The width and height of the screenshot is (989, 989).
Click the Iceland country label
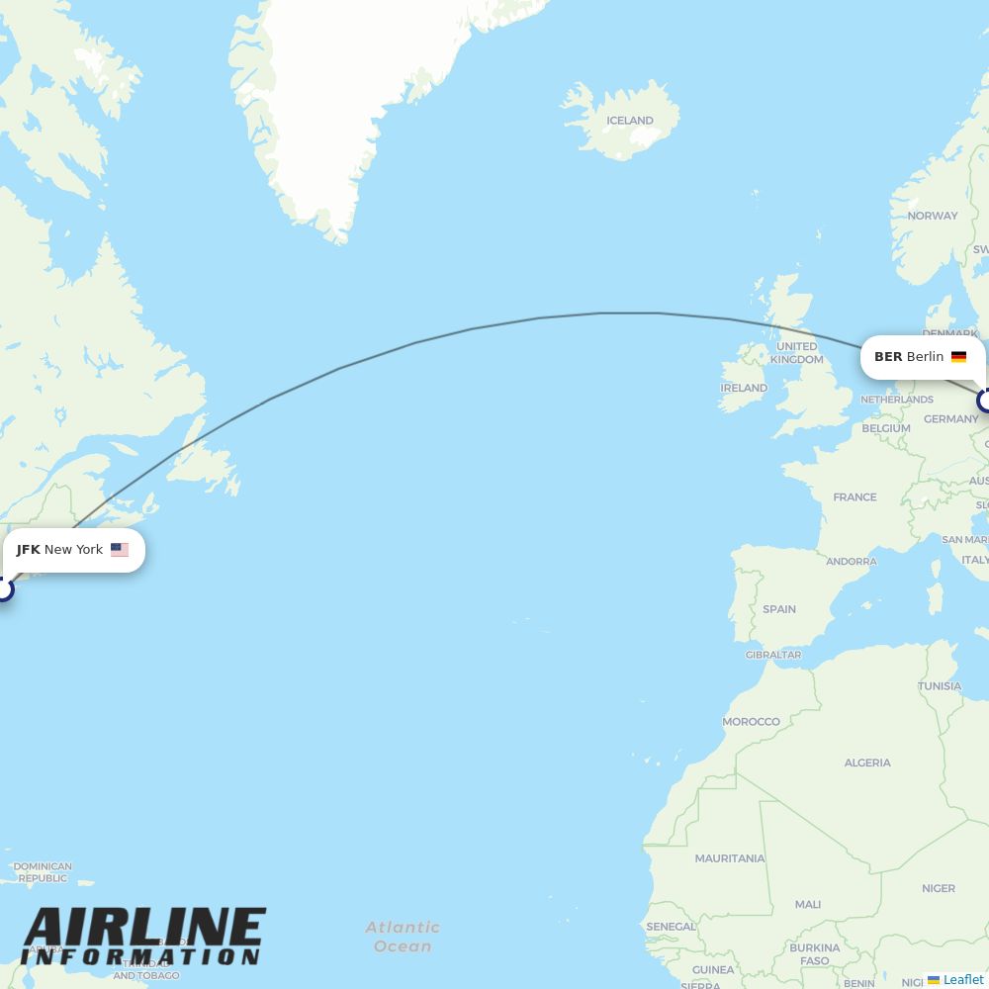pos(630,121)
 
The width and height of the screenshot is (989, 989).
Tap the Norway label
pos(933,216)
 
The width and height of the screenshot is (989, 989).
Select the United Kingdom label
pos(796,353)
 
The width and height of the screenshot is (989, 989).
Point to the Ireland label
pos(744,388)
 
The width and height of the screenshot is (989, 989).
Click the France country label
pos(854,497)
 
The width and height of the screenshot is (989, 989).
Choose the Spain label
pos(779,609)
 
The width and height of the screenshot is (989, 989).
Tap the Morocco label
pos(751,722)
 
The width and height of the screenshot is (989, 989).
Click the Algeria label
pos(867,763)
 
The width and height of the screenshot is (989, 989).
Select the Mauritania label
pos(730,858)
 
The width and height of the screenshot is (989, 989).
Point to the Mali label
pos(808,904)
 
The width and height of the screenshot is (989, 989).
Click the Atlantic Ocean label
pos(403,937)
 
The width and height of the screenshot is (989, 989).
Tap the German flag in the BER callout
pos(958,357)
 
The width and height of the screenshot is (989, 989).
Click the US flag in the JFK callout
pos(120,550)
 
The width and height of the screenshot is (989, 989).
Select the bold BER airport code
pos(888,357)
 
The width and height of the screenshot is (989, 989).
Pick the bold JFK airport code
pos(28,550)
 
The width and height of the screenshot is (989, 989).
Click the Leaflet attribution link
pos(962,979)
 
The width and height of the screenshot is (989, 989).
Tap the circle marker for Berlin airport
pos(985,401)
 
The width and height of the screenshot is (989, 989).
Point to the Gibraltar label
pos(773,655)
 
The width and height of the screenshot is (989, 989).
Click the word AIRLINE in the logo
pos(144,928)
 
